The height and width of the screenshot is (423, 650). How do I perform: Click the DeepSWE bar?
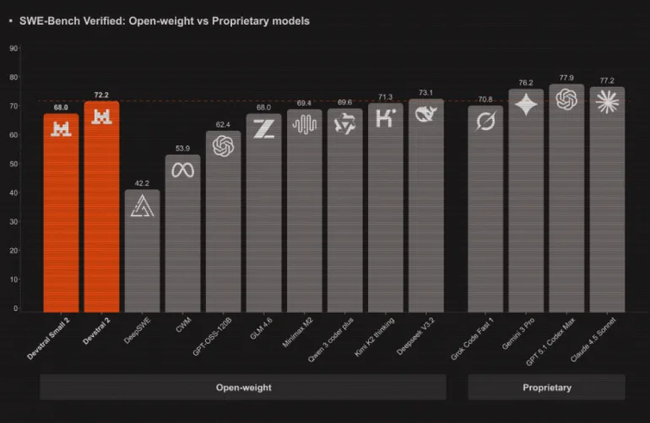click(x=142, y=253)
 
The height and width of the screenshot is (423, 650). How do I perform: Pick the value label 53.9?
click(x=182, y=149)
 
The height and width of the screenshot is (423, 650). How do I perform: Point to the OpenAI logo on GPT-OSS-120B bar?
click(x=223, y=147)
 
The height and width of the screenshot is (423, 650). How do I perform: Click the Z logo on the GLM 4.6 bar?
click(x=263, y=129)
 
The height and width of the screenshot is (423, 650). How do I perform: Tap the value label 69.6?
click(x=344, y=102)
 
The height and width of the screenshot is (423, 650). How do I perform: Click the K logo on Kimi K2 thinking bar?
click(x=386, y=118)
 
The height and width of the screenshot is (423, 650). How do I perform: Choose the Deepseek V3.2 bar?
click(x=426, y=211)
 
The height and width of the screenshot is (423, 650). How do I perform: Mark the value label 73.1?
click(x=426, y=93)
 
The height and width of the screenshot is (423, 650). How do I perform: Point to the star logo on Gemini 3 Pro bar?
click(x=525, y=105)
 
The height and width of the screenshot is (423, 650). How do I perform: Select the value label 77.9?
click(x=566, y=78)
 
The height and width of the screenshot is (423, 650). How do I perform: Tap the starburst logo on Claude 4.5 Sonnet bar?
click(x=607, y=101)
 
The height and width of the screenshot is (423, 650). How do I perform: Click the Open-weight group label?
click(x=243, y=388)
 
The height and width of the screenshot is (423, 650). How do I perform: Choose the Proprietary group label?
click(x=546, y=388)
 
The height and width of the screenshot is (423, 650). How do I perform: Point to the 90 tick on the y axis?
click(x=14, y=48)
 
